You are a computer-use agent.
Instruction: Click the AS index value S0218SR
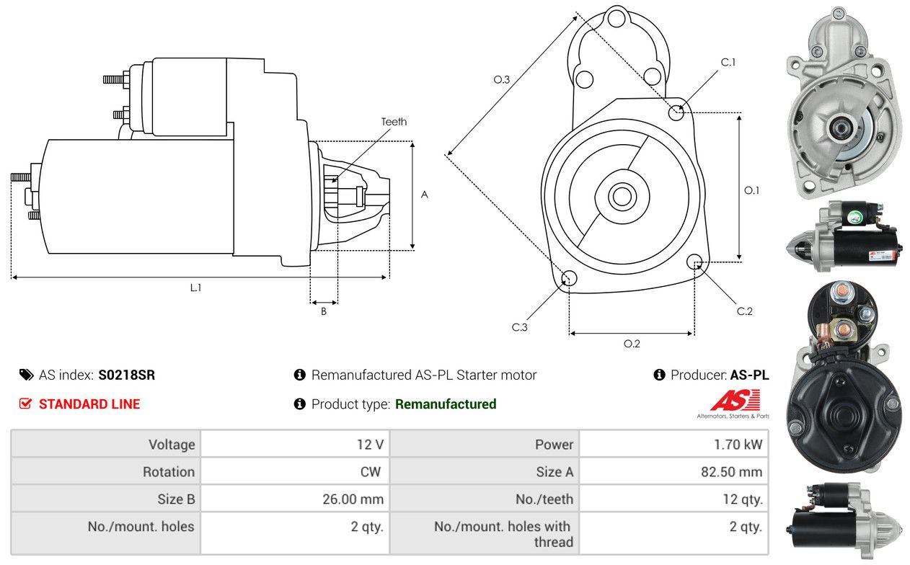[x=126, y=375]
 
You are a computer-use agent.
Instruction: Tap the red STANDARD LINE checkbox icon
[x=25, y=404]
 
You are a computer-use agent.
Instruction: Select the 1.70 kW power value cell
[x=674, y=444]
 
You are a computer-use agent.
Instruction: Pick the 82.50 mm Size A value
[x=731, y=471]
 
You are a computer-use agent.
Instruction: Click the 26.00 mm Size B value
[x=353, y=499]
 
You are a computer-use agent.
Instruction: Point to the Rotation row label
[x=169, y=471]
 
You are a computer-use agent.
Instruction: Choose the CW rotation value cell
[x=295, y=471]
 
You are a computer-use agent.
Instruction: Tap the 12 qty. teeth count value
[x=742, y=499]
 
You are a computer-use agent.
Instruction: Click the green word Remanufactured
[x=446, y=404]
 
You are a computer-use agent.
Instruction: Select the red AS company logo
[x=735, y=400]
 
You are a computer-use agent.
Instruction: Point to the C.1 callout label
[x=728, y=62]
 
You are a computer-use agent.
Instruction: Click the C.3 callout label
[x=519, y=327]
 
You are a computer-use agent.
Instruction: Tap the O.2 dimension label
[x=632, y=344]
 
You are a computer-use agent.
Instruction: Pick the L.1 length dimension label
[x=196, y=288]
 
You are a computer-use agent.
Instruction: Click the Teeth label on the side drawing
[x=394, y=122]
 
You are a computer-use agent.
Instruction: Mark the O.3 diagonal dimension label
[x=501, y=79]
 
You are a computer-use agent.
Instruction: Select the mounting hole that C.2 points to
[x=694, y=262]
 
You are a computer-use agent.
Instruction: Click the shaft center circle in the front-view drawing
[x=622, y=197]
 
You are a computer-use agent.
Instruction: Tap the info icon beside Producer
[x=659, y=375]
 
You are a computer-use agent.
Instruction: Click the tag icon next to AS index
[x=27, y=375]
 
